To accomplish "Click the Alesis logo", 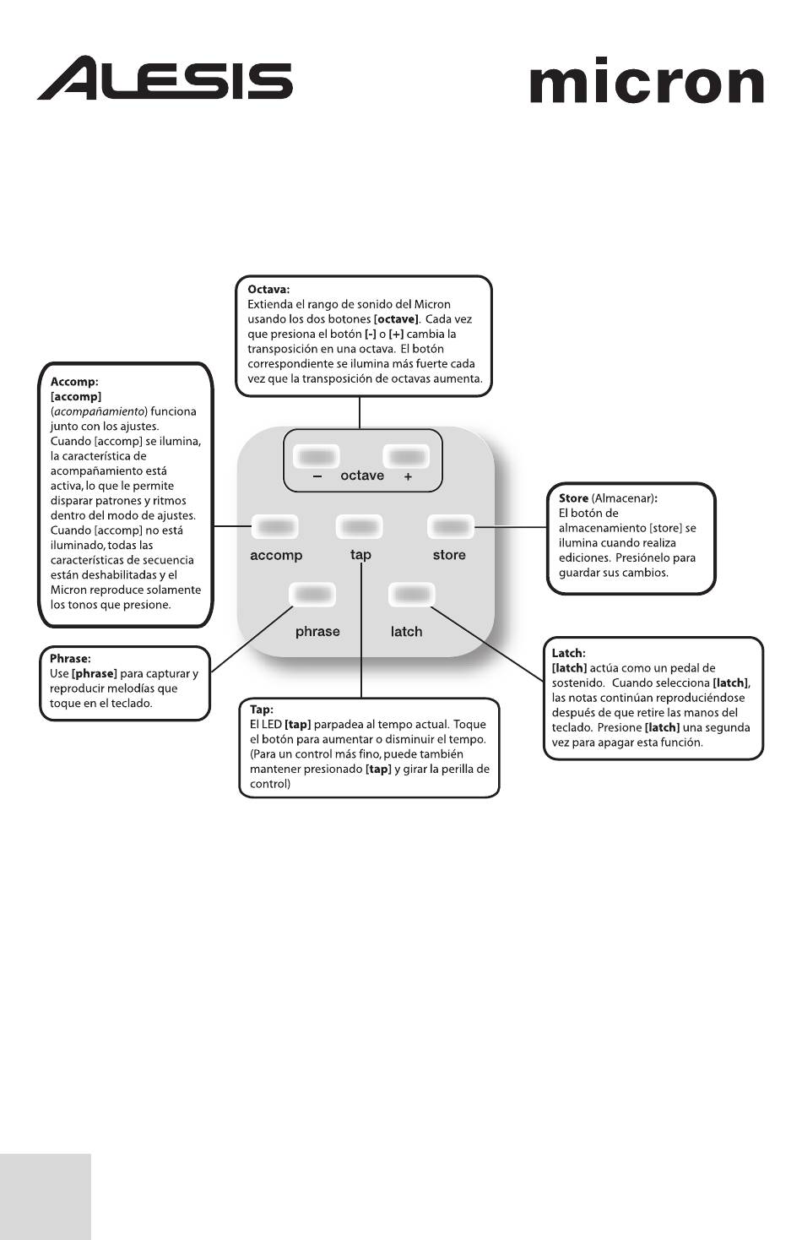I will pyautogui.click(x=165, y=79).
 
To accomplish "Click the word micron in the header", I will pyautogui.click(x=646, y=82).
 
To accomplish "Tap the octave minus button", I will pyautogui.click(x=317, y=457).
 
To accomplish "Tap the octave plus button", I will pyautogui.click(x=407, y=457).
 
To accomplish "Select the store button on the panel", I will pyautogui.click(x=450, y=527).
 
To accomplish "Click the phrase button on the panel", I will pyautogui.click(x=312, y=595).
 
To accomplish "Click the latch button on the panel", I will pyautogui.click(x=411, y=595).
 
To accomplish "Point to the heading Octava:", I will pyautogui.click(x=268, y=290).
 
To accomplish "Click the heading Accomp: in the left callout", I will pyautogui.click(x=74, y=382).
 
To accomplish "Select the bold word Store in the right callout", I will pyautogui.click(x=573, y=498).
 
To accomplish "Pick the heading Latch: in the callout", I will pyautogui.click(x=568, y=653).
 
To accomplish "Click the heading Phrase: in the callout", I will pyautogui.click(x=70, y=659).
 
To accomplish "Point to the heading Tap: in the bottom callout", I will pyautogui.click(x=261, y=710).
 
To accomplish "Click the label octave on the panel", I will pyautogui.click(x=362, y=476).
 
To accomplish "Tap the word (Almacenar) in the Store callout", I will pyautogui.click(x=623, y=498).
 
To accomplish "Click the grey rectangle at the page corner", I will pyautogui.click(x=45, y=1196).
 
